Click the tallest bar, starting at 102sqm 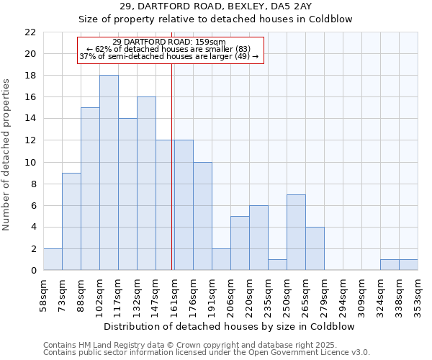109,173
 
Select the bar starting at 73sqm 71,222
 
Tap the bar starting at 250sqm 296,233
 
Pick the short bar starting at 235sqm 277,265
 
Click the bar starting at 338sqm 408,265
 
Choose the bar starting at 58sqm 53,260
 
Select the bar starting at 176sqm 202,216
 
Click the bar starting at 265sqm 315,249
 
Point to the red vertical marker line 172,166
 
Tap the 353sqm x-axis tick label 418,295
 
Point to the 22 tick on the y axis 30,32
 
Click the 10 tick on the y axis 30,163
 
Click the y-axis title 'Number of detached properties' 8,154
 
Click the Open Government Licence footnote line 207,353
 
